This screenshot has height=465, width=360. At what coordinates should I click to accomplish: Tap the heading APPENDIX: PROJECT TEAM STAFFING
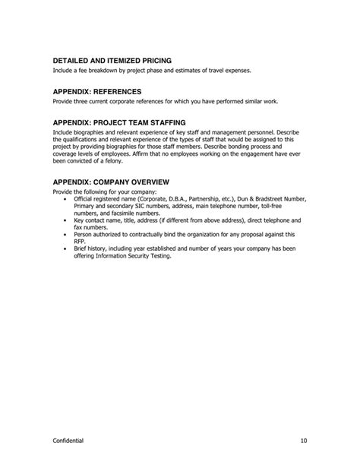(119, 122)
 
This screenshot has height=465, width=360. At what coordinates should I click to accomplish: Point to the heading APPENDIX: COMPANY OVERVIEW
(111, 182)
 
